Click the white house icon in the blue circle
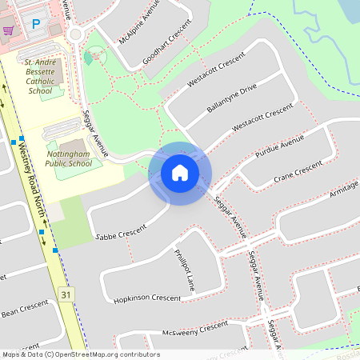coord(179,172)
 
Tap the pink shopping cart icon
coord(9,30)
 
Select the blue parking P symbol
coord(35,25)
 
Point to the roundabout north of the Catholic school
coord(78,34)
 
